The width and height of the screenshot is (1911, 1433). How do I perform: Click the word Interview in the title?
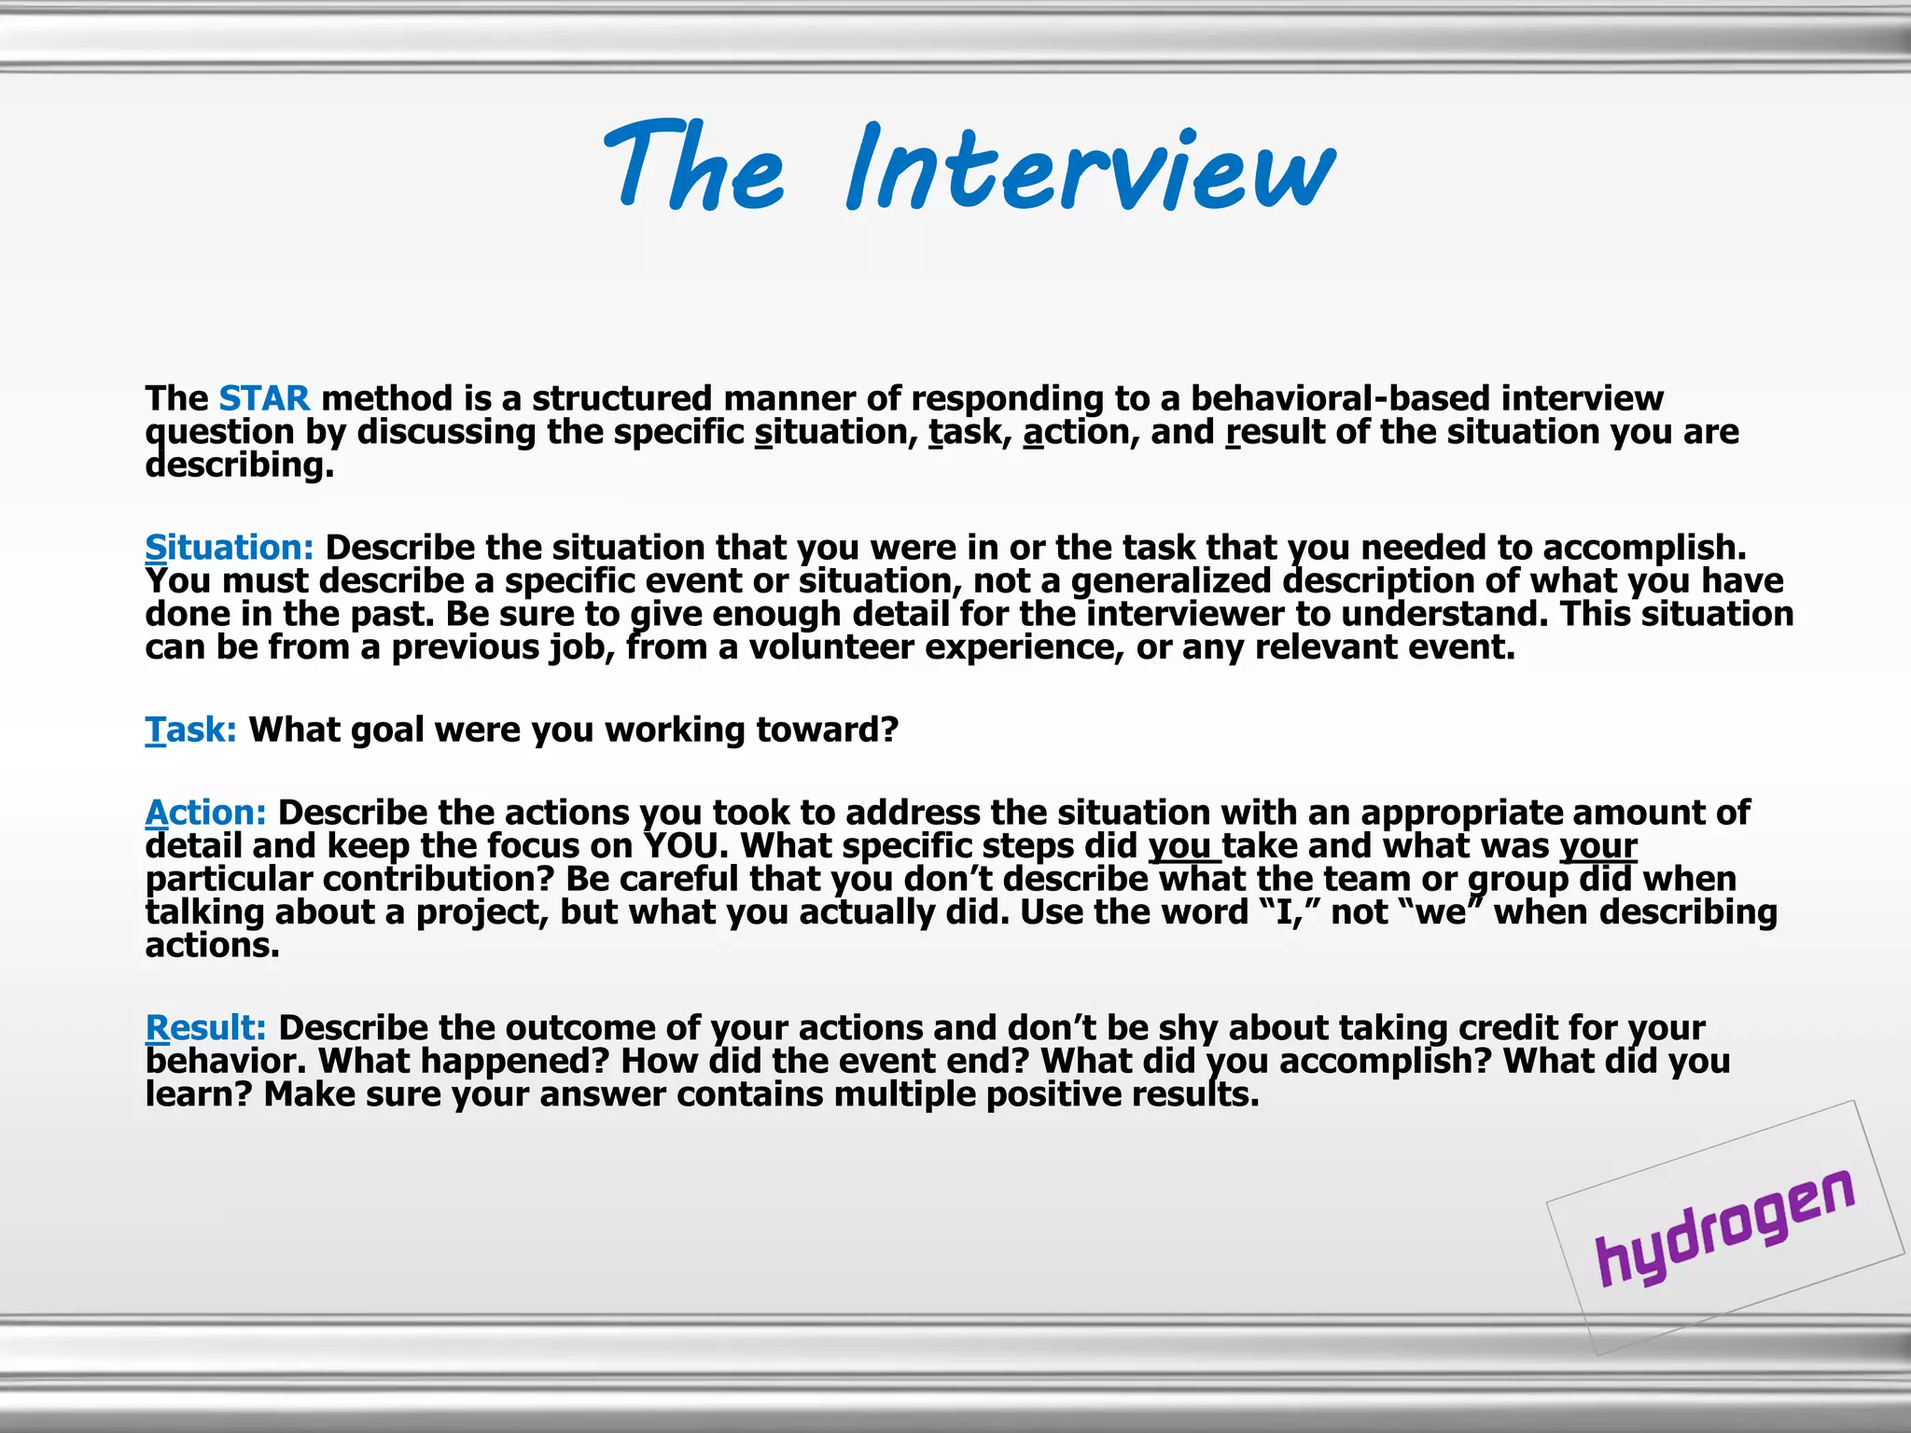(1090, 168)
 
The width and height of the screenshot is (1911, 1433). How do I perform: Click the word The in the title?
(695, 168)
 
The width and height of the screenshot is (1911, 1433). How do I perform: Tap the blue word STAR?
(264, 399)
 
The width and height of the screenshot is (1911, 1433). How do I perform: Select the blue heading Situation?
(230, 548)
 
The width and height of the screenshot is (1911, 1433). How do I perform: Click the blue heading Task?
(191, 730)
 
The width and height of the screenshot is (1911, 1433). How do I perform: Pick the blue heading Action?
(206, 813)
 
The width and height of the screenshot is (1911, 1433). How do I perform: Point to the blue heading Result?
(206, 1028)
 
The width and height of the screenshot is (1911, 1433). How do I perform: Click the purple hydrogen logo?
(1724, 1227)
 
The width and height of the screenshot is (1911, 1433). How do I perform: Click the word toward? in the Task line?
(827, 730)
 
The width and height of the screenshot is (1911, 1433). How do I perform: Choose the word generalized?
(1170, 581)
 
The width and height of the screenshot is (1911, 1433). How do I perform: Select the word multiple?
(904, 1094)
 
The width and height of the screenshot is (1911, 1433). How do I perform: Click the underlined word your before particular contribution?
(1598, 846)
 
